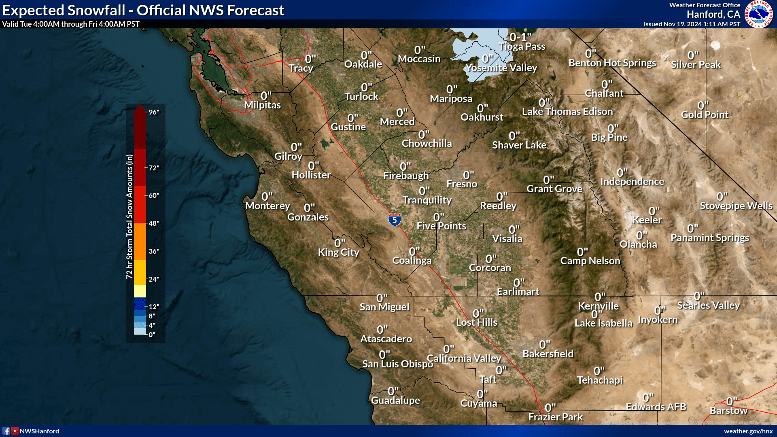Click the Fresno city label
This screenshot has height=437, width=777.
pos(462,184)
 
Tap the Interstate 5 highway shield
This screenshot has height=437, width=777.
pos(395,220)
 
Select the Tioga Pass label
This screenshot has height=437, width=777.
pos(522,47)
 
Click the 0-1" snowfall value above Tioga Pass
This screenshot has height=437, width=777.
pos(520,37)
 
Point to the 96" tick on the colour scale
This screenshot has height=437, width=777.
pos(154,112)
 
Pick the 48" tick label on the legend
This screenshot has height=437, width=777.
pos(154,223)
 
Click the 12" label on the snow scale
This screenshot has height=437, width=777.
pos(154,307)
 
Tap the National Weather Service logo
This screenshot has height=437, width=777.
pos(759,14)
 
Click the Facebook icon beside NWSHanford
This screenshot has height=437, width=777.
pos(6,431)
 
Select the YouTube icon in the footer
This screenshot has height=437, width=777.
pos(15,431)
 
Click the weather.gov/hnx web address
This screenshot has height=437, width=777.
pos(748,431)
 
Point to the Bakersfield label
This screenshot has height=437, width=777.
pos(548,354)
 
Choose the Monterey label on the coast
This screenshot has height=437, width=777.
pos(267,206)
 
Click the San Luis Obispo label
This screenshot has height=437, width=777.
pos(397,364)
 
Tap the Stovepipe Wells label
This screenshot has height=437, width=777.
pos(736,206)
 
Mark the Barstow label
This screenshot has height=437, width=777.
pos(728,411)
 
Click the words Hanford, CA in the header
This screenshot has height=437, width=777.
pos(713,15)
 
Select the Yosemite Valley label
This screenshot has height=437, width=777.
pos(501,68)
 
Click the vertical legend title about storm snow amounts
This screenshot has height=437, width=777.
pos(129,216)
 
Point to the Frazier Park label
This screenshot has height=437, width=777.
pos(555,417)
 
